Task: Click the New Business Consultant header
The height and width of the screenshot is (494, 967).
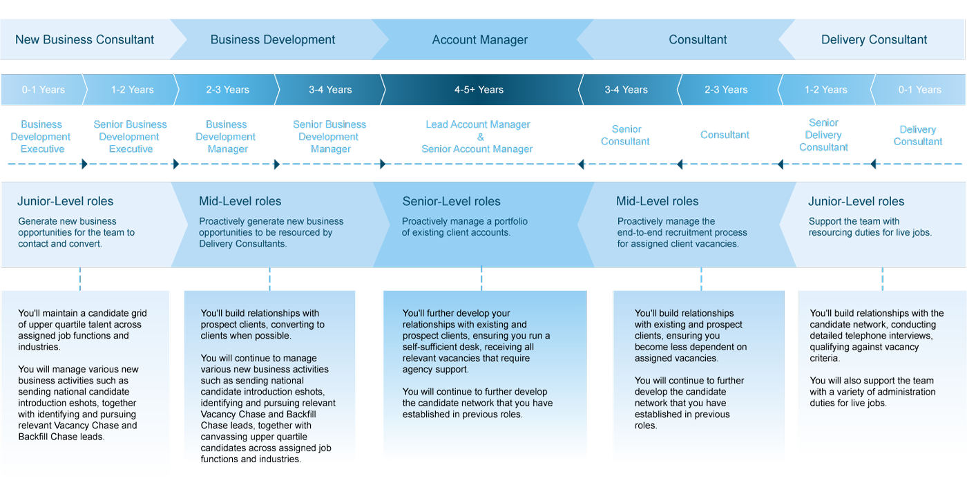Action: tap(84, 40)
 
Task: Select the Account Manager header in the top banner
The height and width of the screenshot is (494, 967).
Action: tap(479, 40)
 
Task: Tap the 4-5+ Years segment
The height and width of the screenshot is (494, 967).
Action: tap(479, 89)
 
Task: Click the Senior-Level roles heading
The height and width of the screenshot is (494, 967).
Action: tap(451, 201)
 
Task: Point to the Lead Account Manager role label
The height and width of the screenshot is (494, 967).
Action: tap(478, 124)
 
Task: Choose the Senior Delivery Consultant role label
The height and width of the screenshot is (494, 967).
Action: tap(823, 135)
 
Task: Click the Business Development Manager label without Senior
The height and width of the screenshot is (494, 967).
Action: tap(226, 137)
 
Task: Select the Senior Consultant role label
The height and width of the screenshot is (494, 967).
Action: tap(626, 135)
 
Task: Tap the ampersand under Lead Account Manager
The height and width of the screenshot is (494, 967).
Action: tap(481, 137)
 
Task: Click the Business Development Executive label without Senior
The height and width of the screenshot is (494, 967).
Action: tap(41, 137)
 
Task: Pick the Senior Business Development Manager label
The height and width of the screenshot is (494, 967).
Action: tap(329, 137)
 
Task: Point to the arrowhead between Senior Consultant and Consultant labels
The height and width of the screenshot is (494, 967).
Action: tap(680, 164)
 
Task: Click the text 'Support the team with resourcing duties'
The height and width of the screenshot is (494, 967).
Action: tap(870, 227)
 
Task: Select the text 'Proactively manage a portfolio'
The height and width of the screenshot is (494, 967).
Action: tap(464, 221)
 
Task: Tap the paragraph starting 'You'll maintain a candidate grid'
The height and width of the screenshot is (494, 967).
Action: tap(82, 330)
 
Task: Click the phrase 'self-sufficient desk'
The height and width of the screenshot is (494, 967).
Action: tap(446, 347)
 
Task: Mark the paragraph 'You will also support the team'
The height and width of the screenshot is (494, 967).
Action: tap(872, 392)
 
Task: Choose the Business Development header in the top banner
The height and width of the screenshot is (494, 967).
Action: tap(272, 40)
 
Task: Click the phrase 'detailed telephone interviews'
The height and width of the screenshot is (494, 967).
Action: tap(870, 336)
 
